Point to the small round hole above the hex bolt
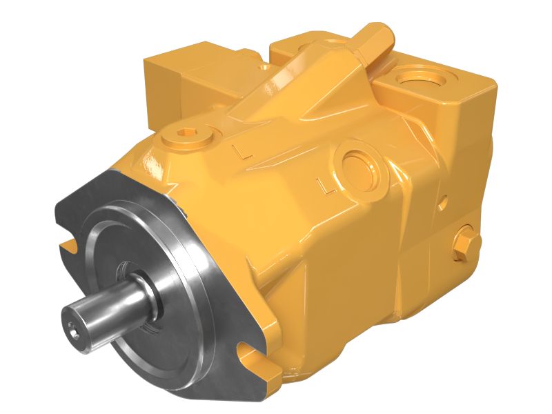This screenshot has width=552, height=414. click(442, 203)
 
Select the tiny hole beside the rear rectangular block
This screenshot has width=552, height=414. click(266, 69)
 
